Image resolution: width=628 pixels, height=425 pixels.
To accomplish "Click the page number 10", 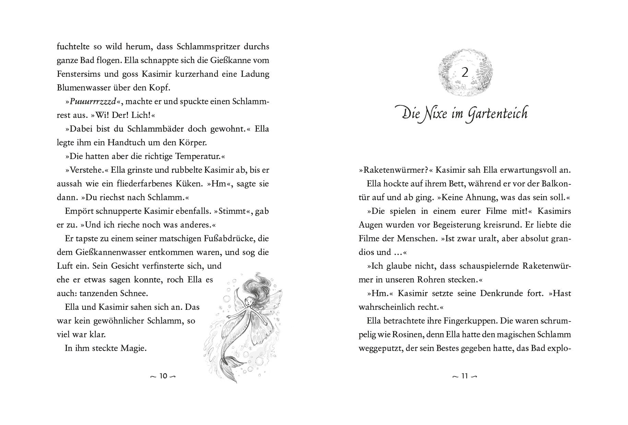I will (163, 376).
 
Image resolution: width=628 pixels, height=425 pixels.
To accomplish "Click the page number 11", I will (464, 376).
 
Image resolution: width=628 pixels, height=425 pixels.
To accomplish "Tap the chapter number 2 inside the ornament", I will (465, 73).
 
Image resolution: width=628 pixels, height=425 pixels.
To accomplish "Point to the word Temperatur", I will (198, 157).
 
